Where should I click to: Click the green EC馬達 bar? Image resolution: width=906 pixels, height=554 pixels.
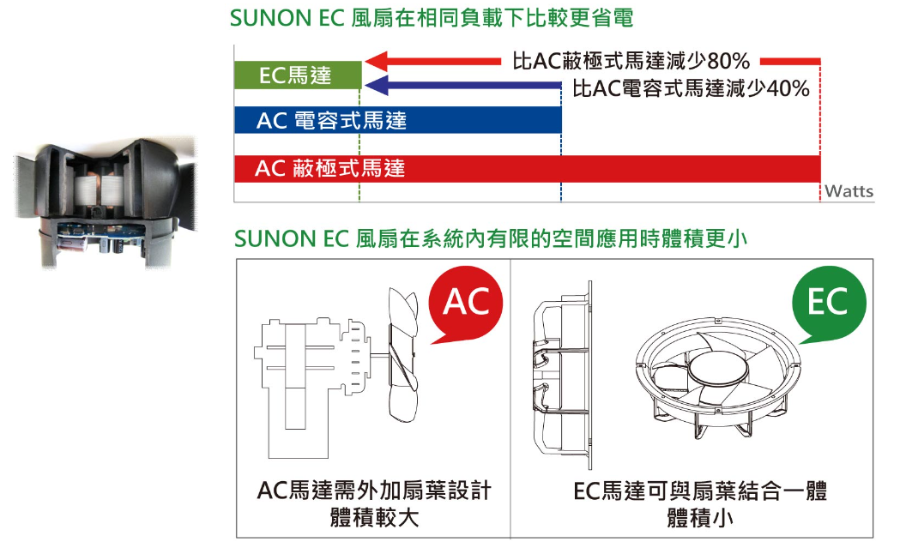pyautogui.click(x=298, y=75)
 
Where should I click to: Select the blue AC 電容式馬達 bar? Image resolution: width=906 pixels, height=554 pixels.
pyautogui.click(x=397, y=120)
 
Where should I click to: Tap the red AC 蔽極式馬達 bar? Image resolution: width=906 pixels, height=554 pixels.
pyautogui.click(x=528, y=169)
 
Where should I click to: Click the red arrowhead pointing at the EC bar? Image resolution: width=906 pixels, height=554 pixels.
pyautogui.click(x=377, y=61)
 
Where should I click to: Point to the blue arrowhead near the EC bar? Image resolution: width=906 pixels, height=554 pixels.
pyautogui.click(x=377, y=86)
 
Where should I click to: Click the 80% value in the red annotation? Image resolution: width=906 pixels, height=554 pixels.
pyautogui.click(x=728, y=61)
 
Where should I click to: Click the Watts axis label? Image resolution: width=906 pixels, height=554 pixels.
pyautogui.click(x=849, y=191)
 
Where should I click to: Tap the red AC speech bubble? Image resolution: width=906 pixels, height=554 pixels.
pyautogui.click(x=465, y=304)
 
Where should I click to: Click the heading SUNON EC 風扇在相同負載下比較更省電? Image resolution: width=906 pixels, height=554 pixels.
pyautogui.click(x=432, y=18)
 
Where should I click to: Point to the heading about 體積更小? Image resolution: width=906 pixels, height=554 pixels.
pyautogui.click(x=491, y=238)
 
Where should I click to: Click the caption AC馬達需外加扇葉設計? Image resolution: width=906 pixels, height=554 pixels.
pyautogui.click(x=374, y=491)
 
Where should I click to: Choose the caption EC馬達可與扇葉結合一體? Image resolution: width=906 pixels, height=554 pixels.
pyautogui.click(x=700, y=491)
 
